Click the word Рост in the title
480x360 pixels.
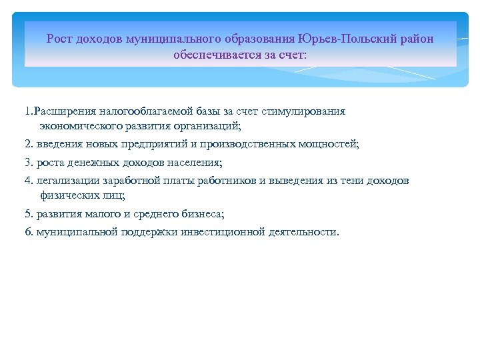58,39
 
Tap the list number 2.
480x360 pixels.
28,144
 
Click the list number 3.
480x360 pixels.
28,163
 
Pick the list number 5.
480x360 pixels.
28,214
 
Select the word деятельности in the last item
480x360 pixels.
304,233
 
